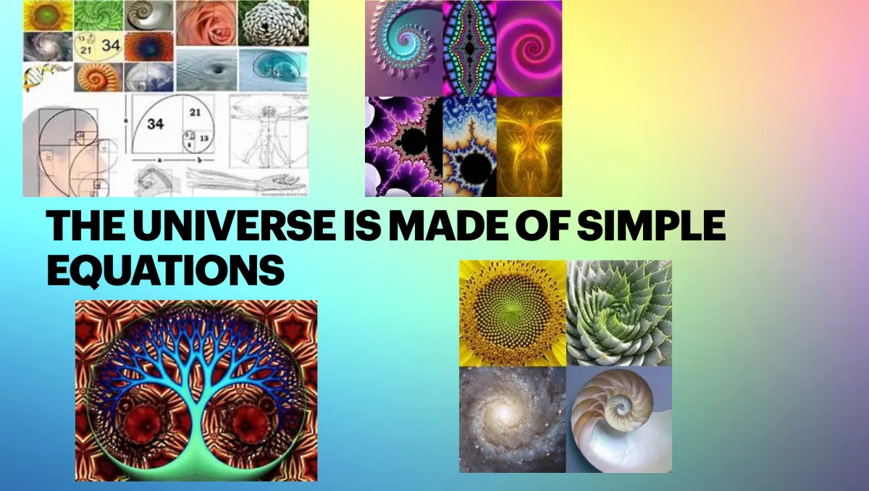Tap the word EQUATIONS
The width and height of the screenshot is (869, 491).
166,269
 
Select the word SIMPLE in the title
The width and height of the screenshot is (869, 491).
651,225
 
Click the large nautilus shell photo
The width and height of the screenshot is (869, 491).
619,419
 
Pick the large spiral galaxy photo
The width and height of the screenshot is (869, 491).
513,419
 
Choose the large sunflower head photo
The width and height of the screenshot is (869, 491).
513,314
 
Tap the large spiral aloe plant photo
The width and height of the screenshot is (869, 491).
619,314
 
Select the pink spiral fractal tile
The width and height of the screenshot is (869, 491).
529,49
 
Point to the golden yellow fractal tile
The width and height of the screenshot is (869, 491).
529,147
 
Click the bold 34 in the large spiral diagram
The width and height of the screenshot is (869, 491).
156,124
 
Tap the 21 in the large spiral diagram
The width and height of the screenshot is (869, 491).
195,112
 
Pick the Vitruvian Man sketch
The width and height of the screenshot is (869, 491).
268,132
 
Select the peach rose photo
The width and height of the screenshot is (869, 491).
206,23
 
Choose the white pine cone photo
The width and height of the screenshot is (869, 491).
274,23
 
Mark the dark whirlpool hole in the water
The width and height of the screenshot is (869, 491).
219,70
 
